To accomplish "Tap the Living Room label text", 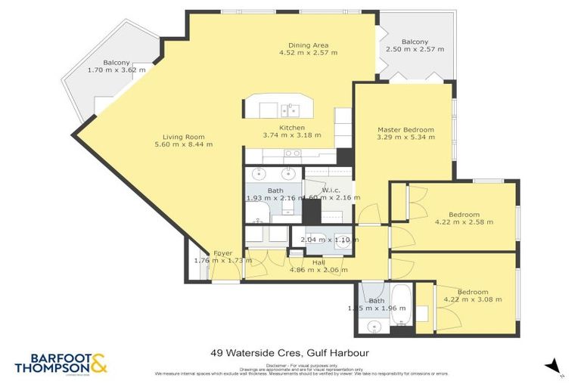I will click(x=183, y=137).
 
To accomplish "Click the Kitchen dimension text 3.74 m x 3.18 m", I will click(x=292, y=135).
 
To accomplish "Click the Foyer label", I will click(x=222, y=253).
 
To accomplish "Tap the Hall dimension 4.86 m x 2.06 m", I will click(x=318, y=269).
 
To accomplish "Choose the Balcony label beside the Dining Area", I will click(x=415, y=42).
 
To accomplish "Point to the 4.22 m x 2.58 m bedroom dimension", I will click(x=464, y=222).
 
